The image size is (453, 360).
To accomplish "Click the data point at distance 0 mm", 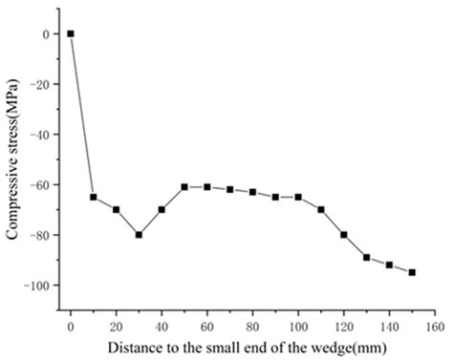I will click(71, 33).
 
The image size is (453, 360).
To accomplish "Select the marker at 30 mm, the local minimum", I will click(139, 235).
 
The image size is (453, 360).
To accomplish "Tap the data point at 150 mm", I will click(412, 272).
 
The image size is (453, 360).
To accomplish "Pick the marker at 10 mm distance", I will click(94, 197).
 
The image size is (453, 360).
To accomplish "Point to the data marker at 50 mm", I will click(184, 187).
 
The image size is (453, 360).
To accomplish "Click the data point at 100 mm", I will click(298, 197).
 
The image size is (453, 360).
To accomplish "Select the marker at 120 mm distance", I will click(344, 235).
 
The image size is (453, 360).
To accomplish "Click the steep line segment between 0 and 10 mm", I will click(82, 115).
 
